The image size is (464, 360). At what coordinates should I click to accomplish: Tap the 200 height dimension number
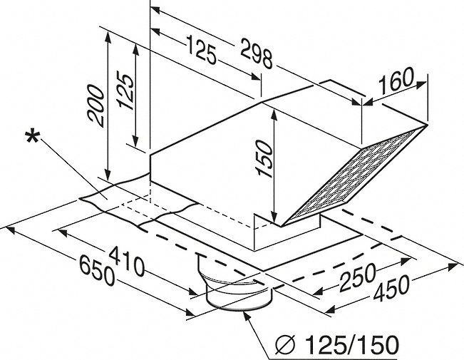(96, 106)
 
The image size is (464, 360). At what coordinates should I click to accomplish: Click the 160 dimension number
(396, 80)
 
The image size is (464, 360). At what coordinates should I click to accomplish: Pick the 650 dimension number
(96, 270)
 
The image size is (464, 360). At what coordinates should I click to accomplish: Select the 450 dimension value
(391, 289)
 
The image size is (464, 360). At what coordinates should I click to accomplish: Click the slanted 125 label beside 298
(201, 49)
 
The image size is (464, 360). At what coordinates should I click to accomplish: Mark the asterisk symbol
(32, 138)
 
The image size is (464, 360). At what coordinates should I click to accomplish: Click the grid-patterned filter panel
(351, 177)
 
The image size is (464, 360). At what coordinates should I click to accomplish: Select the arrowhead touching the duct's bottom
(247, 316)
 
